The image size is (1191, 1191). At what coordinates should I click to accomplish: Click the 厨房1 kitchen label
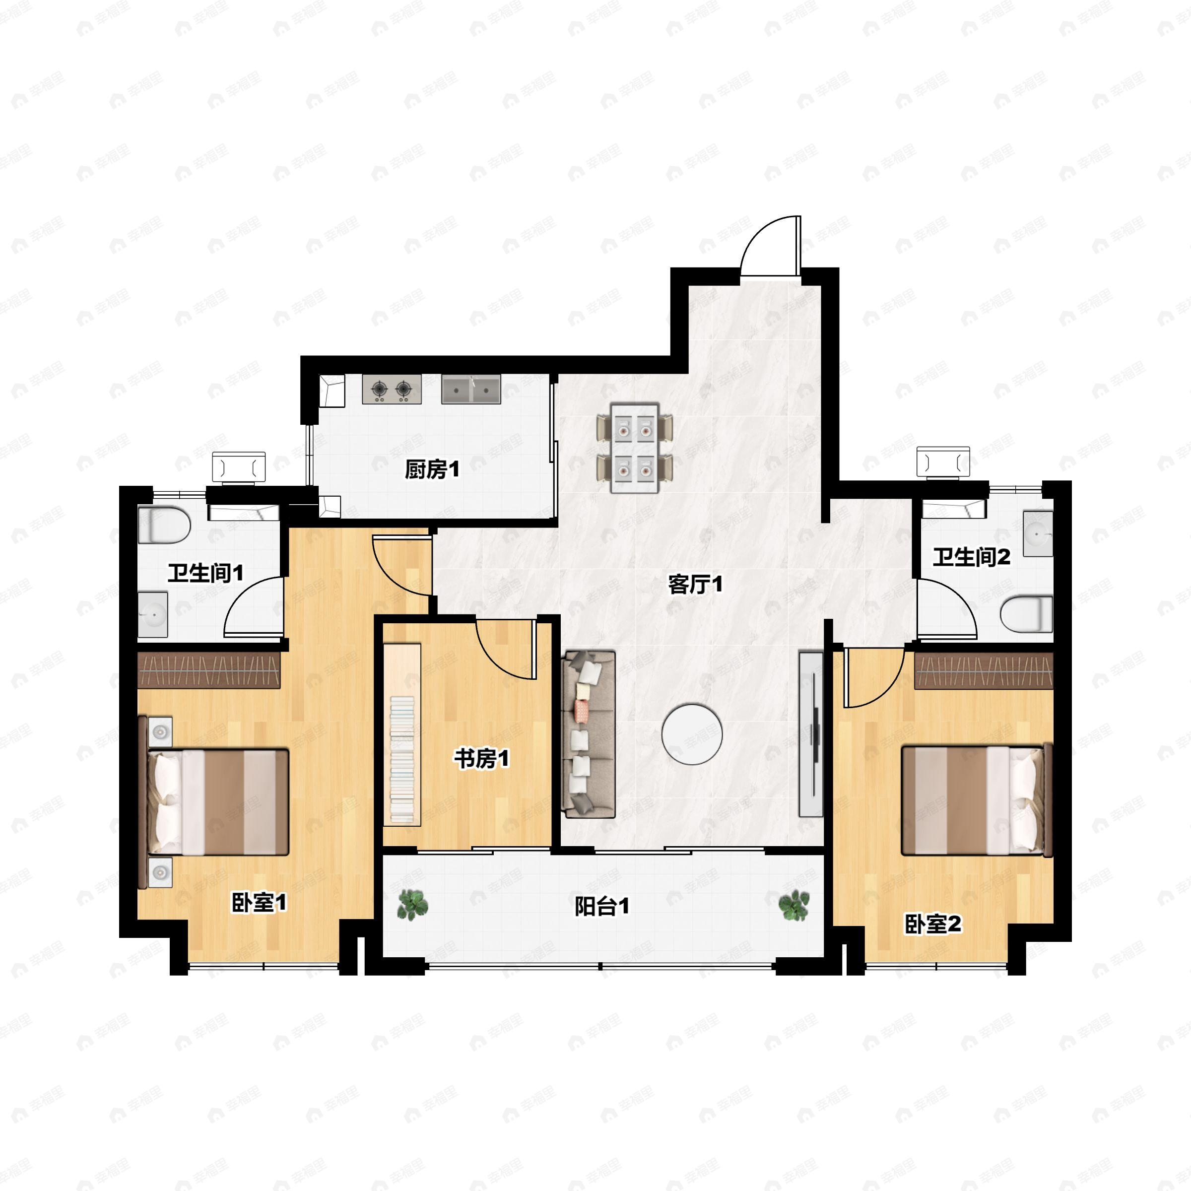[x=432, y=470]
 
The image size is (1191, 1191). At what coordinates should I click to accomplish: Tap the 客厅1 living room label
[x=695, y=584]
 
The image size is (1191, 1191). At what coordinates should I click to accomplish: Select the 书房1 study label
[x=481, y=758]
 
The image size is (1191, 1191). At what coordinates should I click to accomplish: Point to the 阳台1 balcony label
[x=601, y=906]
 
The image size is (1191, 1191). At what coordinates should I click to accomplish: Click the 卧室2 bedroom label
[x=933, y=924]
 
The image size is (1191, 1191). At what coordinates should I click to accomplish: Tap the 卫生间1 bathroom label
[x=205, y=573]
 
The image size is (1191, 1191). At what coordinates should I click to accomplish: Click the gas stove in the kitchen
[x=392, y=389]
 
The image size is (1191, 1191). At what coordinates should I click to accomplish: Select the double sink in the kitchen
[x=470, y=389]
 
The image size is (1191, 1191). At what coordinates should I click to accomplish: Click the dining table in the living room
[x=634, y=448]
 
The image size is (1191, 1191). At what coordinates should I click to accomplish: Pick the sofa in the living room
[x=588, y=734]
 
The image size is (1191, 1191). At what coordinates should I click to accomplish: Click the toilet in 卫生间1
[x=163, y=525]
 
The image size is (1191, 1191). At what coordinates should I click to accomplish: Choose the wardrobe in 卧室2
[x=983, y=671]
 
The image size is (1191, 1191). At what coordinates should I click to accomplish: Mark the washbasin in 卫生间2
[x=1038, y=533]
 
